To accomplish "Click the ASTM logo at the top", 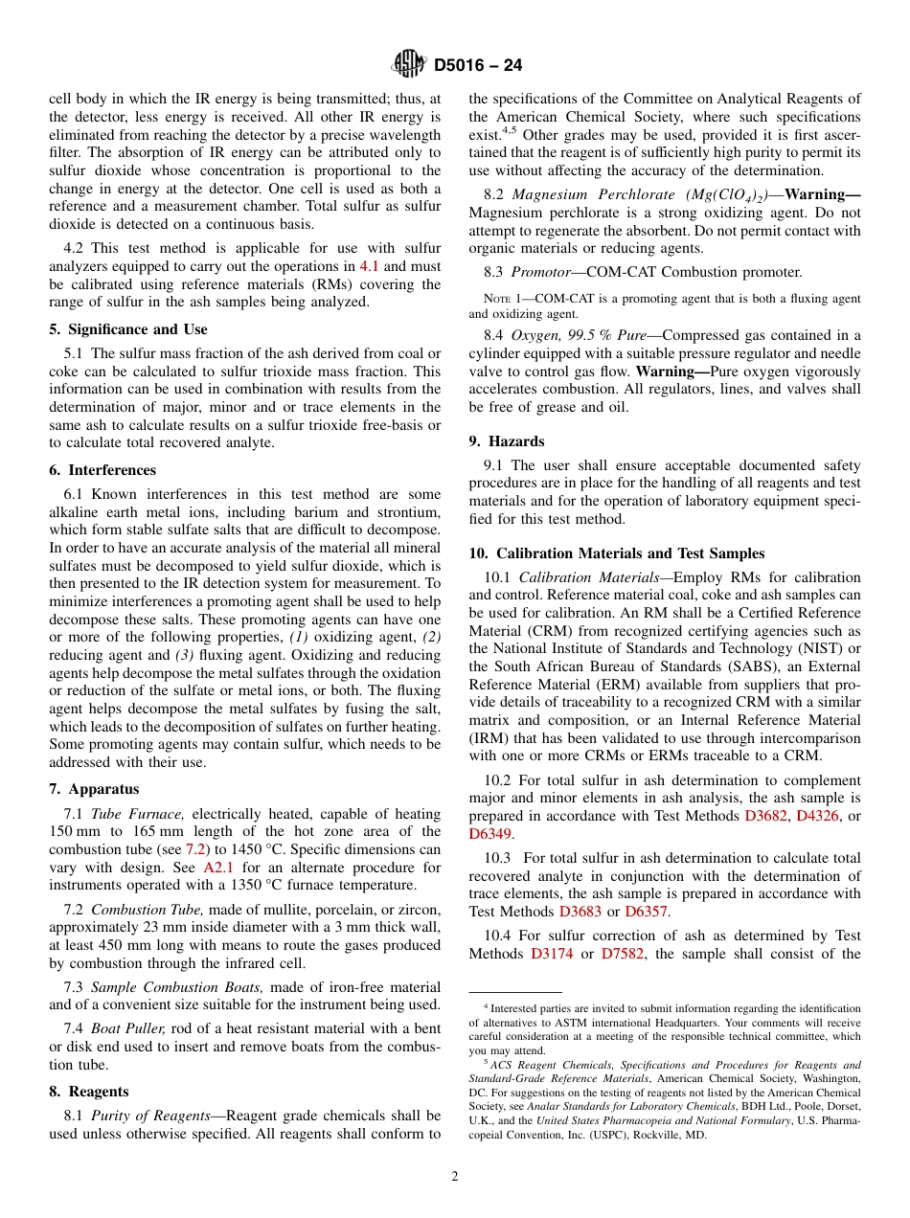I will coord(409,65).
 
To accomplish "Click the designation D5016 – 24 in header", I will coord(478,66).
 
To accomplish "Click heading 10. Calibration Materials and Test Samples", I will coord(617,553).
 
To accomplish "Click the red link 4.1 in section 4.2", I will coord(370,266).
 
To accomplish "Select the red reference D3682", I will coord(766,816).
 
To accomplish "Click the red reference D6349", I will coord(489,834).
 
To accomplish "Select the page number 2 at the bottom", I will coord(455,1177).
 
